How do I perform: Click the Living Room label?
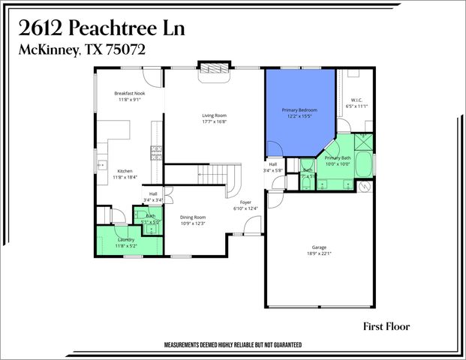(214, 115)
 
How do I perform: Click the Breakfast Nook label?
(128, 94)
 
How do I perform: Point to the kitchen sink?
(101, 163)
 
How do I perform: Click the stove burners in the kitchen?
(156, 153)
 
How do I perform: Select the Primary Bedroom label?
(299, 110)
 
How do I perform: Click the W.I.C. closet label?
(357, 100)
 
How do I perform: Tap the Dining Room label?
(193, 217)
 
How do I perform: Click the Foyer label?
(245, 202)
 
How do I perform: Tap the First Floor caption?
(386, 326)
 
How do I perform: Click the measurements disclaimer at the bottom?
(233, 345)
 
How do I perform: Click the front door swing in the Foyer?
(254, 223)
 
